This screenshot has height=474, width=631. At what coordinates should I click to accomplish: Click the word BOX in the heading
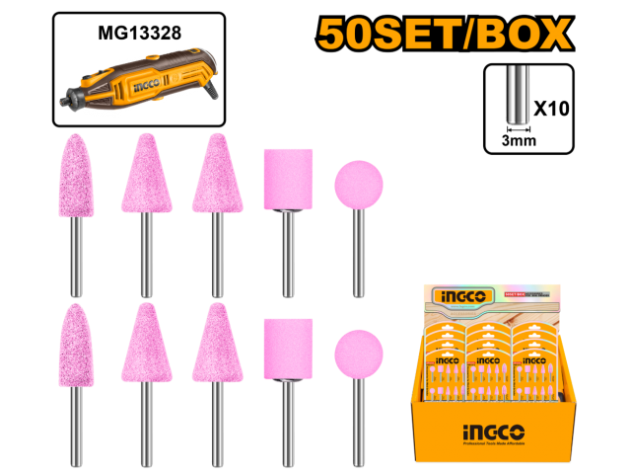(x=525, y=35)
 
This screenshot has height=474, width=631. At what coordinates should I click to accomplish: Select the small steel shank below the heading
(x=518, y=95)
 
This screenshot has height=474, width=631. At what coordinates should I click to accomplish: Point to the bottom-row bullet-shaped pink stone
(x=77, y=346)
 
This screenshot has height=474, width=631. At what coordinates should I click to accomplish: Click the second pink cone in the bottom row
(x=146, y=345)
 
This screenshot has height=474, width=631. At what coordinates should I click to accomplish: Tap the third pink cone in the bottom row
(x=217, y=345)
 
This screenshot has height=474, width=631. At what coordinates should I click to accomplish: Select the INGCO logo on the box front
(x=492, y=433)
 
